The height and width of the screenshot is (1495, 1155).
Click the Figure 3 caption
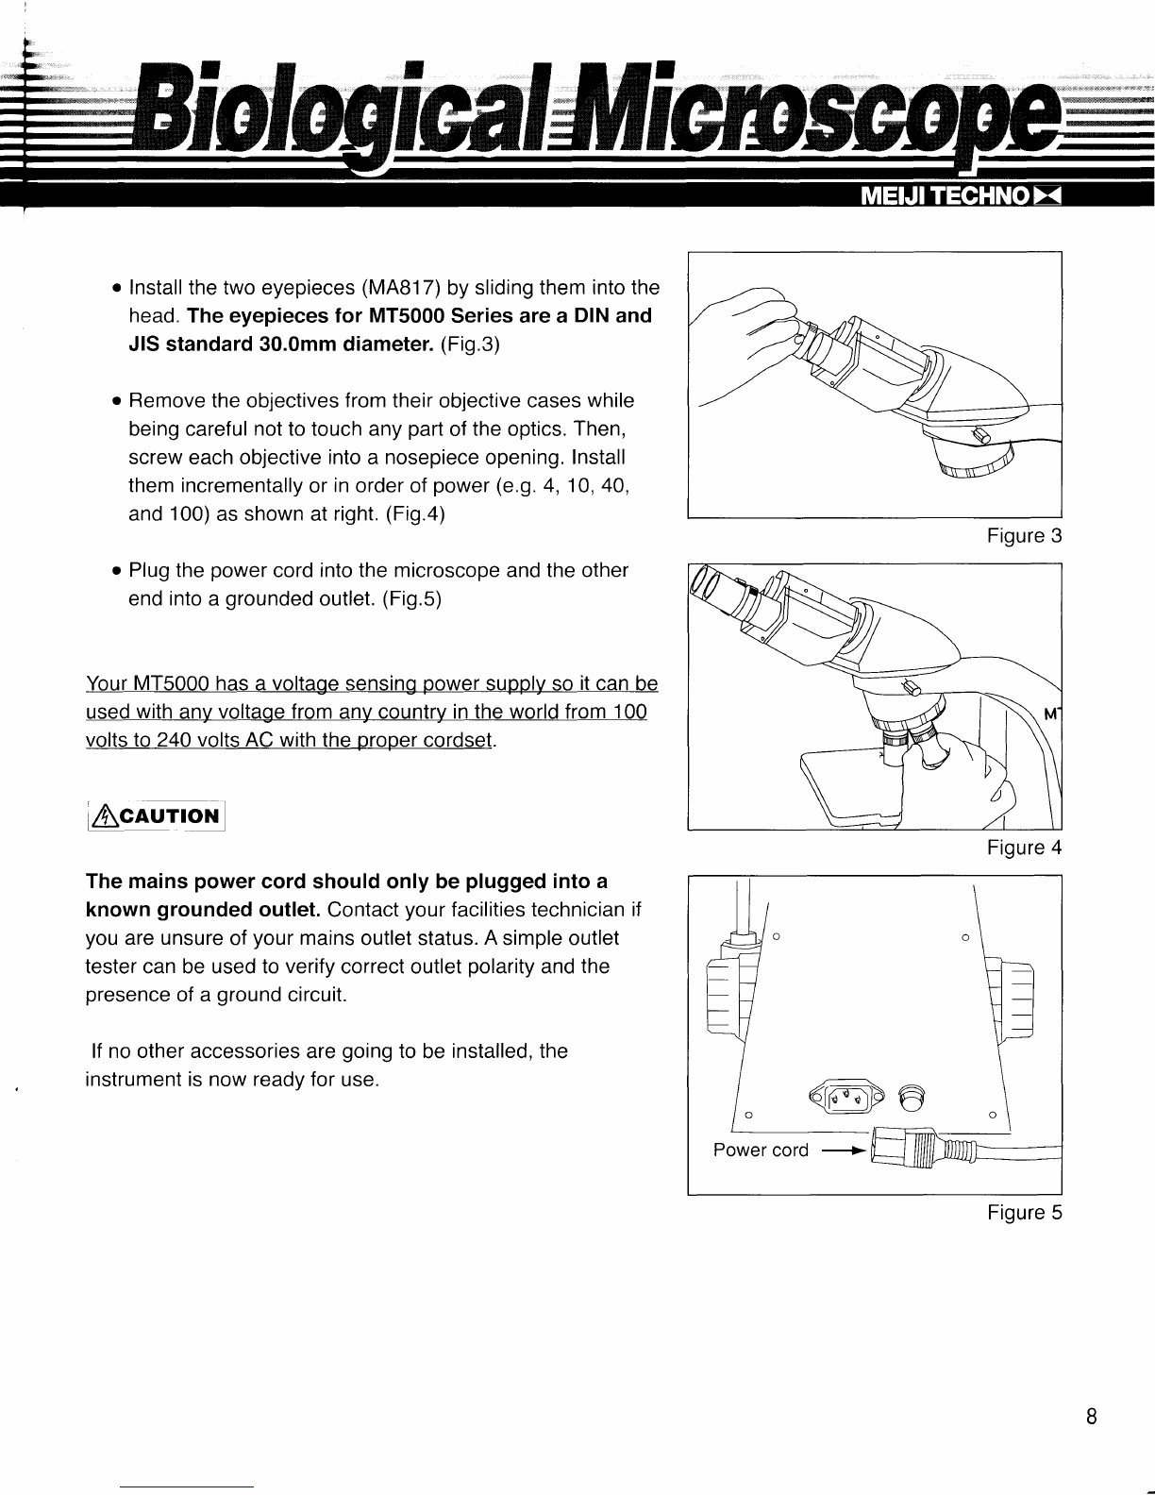point(1024,536)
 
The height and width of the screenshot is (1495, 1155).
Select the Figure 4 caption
point(1024,848)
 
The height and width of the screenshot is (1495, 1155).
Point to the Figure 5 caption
point(1024,1212)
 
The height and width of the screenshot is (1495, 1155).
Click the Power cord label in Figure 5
point(761,1150)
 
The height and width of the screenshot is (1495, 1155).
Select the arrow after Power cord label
point(843,1151)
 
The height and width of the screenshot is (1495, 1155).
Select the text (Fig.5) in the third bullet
point(412,599)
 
